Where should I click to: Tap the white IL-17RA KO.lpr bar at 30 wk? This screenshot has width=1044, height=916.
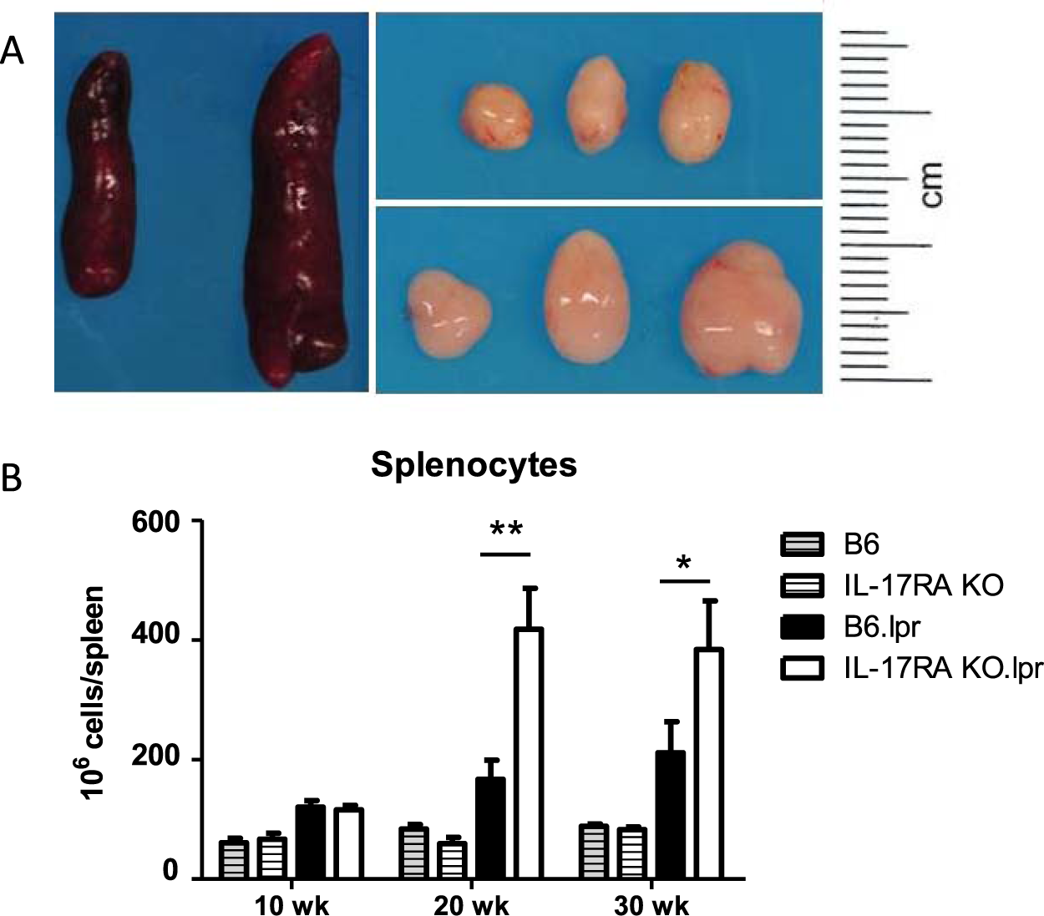click(708, 763)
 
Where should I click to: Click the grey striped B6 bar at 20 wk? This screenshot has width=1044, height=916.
click(413, 853)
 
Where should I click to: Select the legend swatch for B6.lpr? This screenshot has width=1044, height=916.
click(801, 626)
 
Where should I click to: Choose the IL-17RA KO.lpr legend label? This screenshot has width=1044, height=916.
click(943, 669)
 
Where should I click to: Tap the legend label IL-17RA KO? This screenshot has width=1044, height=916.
click(923, 585)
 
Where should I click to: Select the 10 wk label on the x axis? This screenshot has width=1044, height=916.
click(291, 905)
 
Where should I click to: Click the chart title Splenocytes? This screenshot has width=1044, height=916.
click(474, 464)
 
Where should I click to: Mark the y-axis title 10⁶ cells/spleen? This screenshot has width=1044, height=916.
click(93, 693)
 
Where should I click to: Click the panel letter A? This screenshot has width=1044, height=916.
click(13, 52)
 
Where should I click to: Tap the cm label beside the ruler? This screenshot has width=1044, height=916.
click(930, 185)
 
